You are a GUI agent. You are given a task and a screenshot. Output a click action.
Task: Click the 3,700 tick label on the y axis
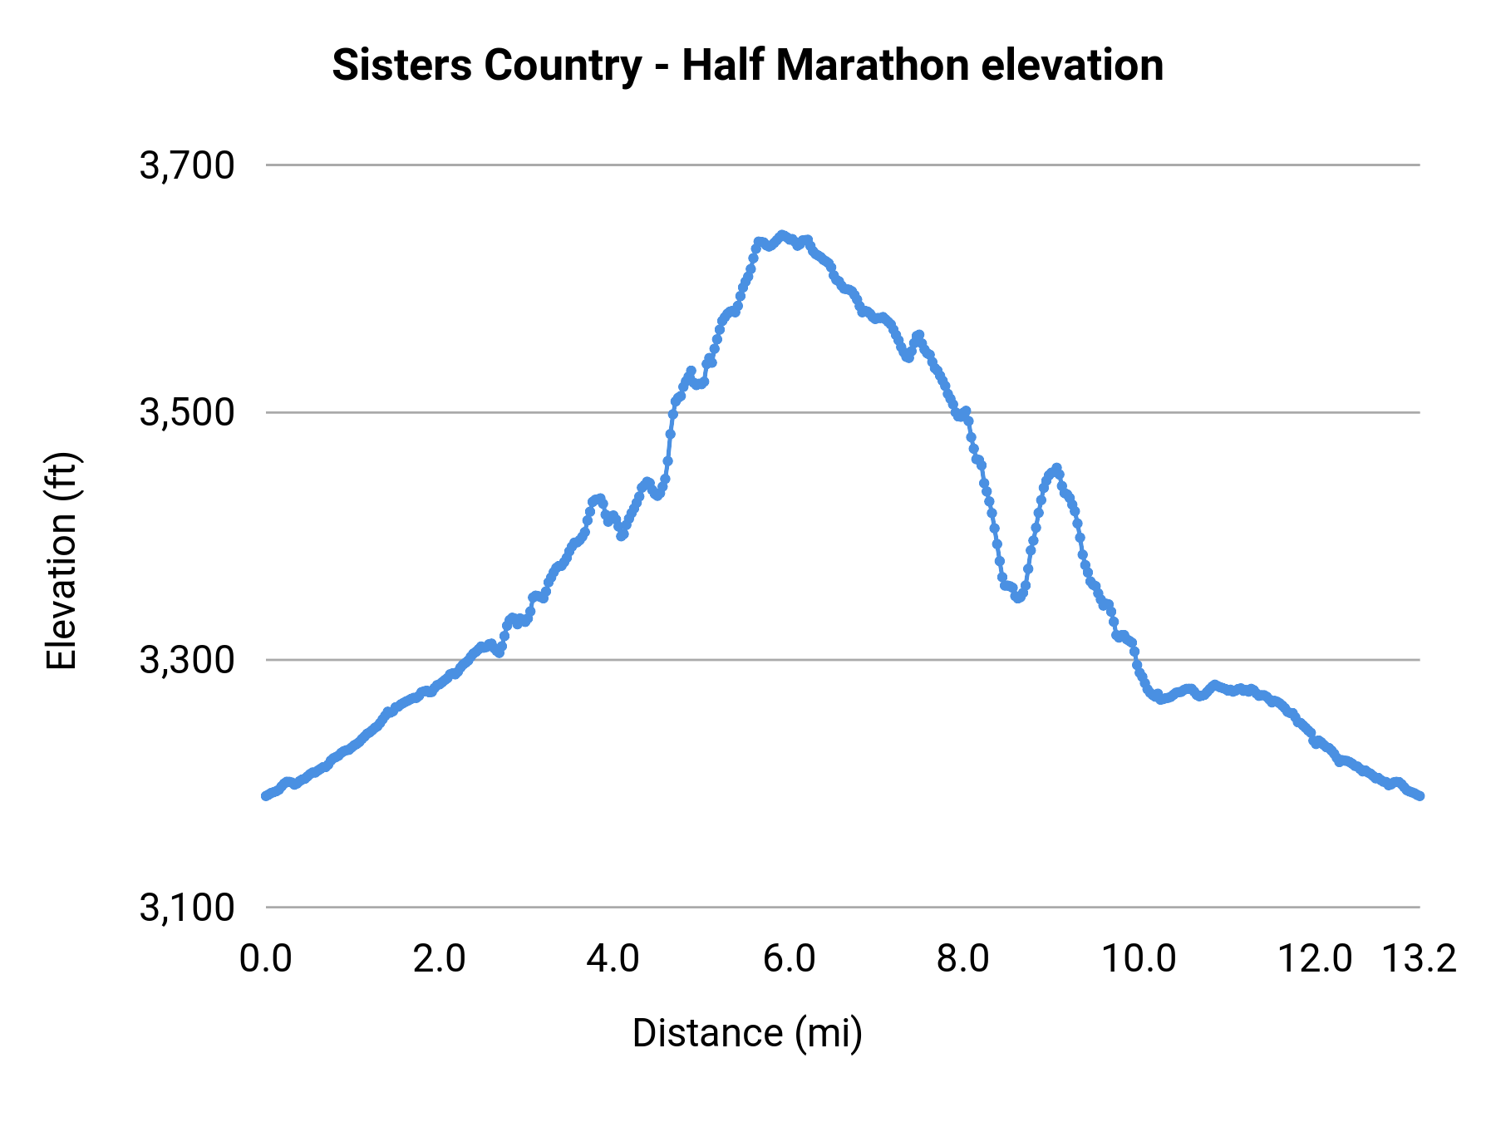tap(187, 165)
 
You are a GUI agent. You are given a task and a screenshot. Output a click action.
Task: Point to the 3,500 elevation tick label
tap(187, 412)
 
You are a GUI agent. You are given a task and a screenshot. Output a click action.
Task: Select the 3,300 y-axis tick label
tap(187, 660)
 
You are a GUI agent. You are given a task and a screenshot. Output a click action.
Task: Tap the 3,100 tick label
tap(187, 908)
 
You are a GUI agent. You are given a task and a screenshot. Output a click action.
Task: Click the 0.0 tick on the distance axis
tap(266, 959)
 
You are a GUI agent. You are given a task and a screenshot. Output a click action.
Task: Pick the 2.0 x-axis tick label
tap(440, 959)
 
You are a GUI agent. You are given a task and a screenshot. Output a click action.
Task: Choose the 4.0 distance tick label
tap(613, 959)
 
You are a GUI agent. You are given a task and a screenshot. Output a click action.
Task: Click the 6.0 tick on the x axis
tap(789, 959)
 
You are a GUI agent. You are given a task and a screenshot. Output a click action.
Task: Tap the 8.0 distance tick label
tap(962, 959)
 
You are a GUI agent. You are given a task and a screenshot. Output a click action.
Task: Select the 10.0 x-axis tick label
tap(1139, 959)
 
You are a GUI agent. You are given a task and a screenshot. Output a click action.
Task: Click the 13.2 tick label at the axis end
tap(1419, 959)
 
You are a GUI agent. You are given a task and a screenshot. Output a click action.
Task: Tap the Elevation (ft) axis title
tap(62, 561)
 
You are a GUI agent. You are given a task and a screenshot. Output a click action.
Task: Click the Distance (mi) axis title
tap(747, 1033)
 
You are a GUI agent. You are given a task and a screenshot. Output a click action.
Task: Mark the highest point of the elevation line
tap(782, 234)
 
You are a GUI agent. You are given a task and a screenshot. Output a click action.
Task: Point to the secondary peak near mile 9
tap(1056, 467)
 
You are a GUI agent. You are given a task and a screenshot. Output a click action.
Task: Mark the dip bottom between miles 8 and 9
tap(1017, 598)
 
